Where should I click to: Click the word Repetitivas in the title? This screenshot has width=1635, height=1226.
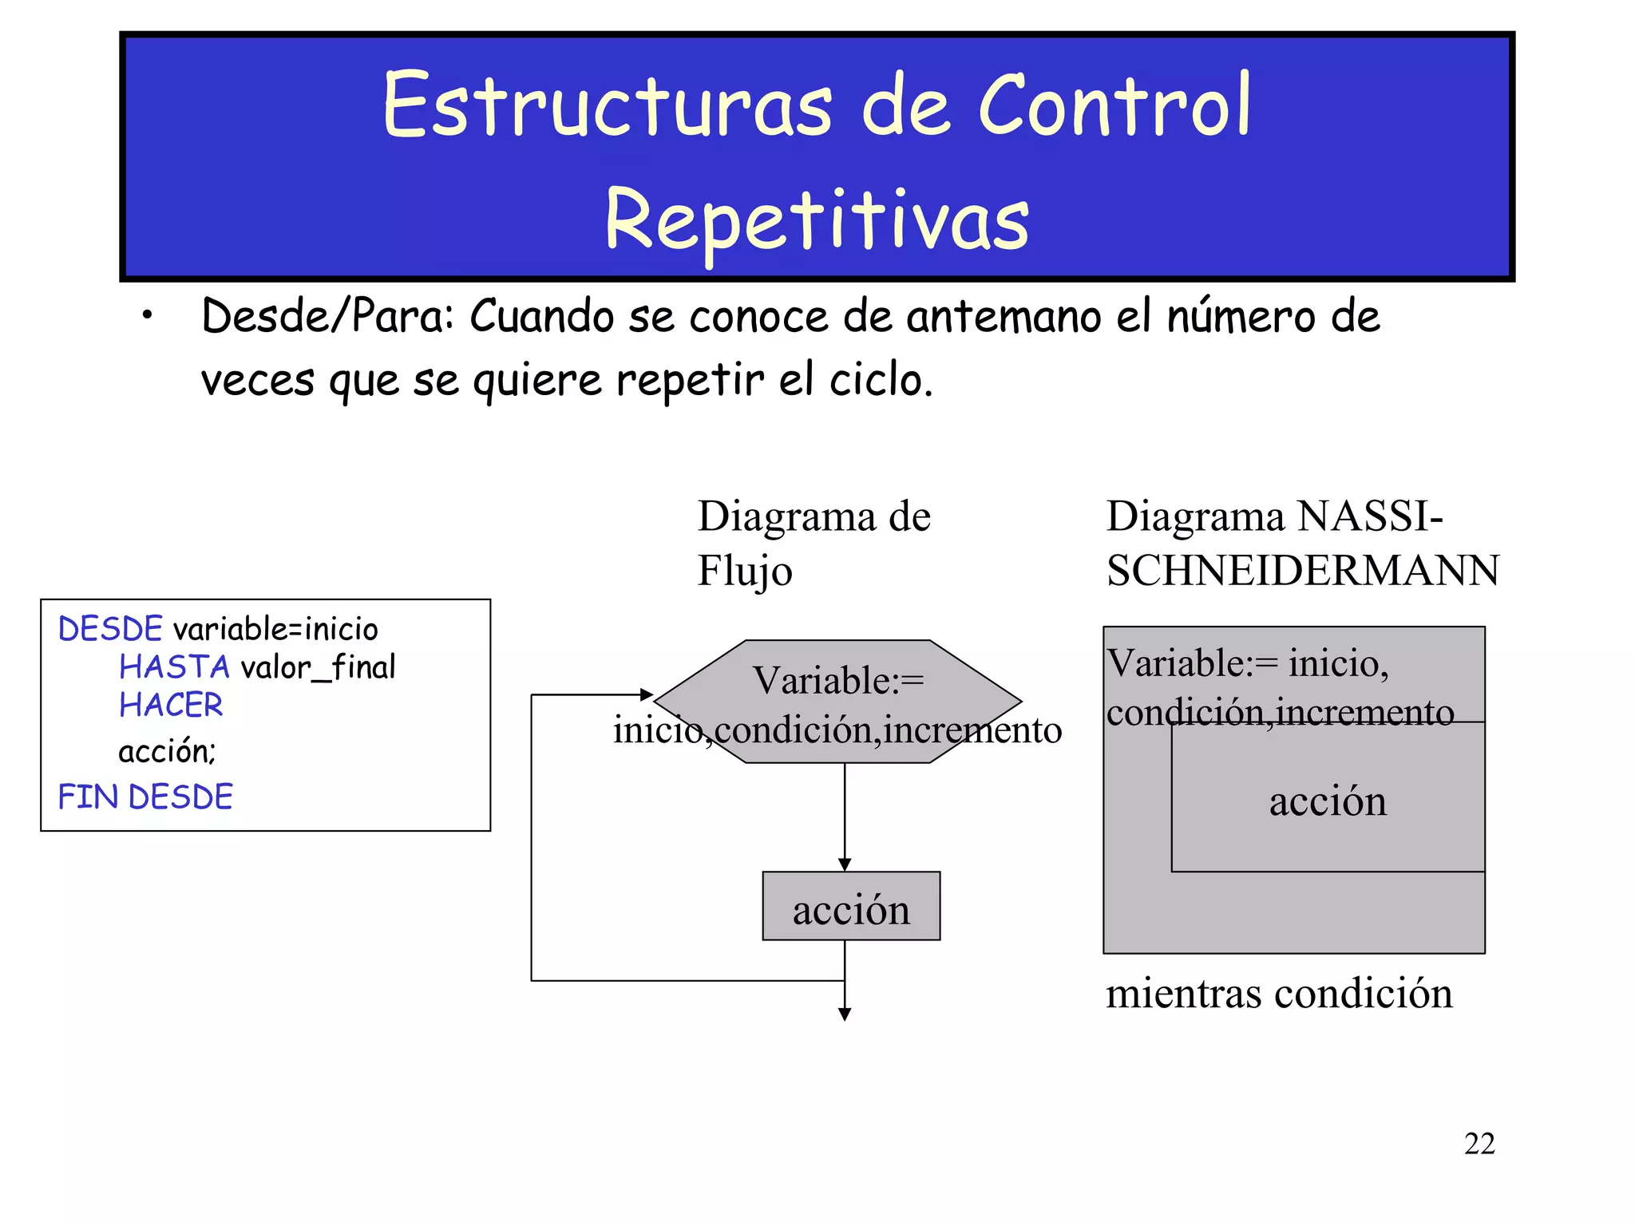[x=817, y=219]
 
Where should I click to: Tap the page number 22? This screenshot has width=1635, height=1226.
[x=1479, y=1144]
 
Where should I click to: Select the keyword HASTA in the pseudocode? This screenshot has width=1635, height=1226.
[x=174, y=666]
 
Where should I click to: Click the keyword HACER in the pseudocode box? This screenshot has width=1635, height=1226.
[x=171, y=705]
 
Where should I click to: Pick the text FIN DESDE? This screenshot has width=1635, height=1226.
[x=145, y=797]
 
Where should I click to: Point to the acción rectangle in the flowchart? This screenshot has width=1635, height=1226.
[x=851, y=907]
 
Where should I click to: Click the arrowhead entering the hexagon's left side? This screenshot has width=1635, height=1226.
[x=647, y=695]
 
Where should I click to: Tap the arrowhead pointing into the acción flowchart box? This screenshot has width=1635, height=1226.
[x=845, y=865]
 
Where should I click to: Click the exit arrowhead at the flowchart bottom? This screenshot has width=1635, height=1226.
[x=845, y=1014]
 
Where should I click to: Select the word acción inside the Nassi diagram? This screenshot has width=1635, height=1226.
[x=1328, y=801]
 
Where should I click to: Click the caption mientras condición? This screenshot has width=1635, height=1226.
[x=1278, y=994]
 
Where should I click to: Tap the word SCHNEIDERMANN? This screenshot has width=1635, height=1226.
[x=1302, y=571]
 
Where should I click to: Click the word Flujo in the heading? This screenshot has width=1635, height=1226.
[x=744, y=571]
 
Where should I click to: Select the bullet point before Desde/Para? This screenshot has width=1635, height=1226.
[x=147, y=316]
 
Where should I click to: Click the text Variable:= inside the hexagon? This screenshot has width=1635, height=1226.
[x=838, y=681]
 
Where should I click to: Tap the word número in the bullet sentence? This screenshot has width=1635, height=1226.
[x=1240, y=316]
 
